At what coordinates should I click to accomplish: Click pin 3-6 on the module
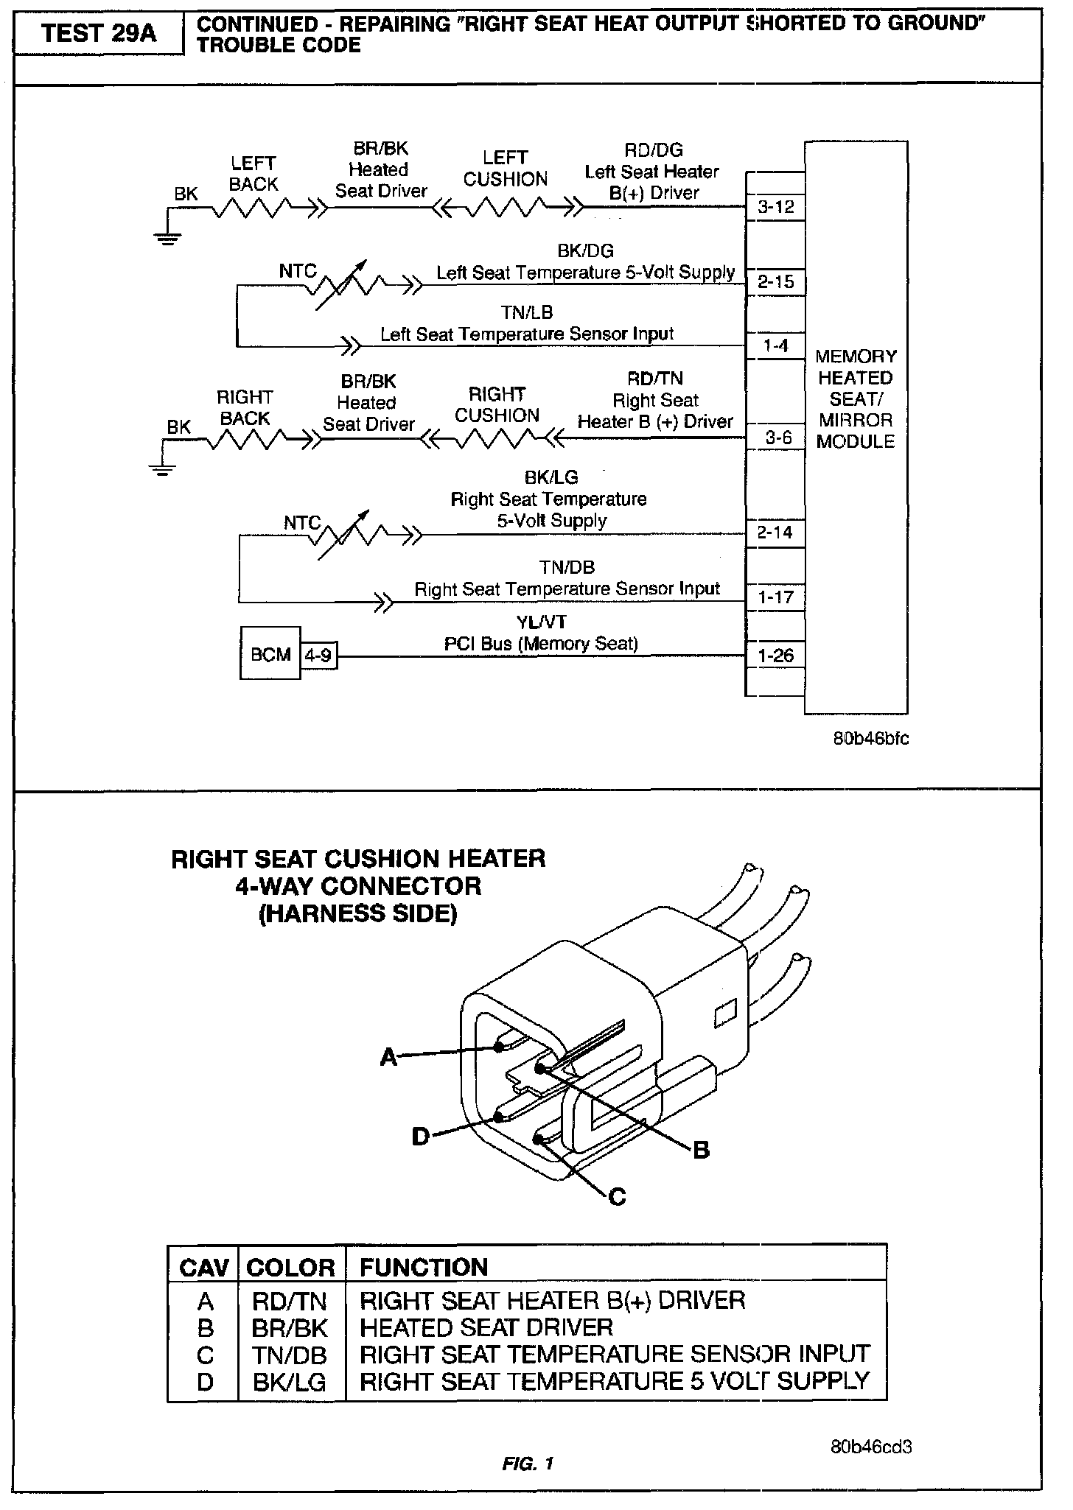(777, 438)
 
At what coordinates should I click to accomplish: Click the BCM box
(270, 654)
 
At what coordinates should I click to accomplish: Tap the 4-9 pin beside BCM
(318, 655)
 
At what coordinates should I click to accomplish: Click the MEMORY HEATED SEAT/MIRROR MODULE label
(856, 398)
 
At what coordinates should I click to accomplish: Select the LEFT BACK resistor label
(253, 174)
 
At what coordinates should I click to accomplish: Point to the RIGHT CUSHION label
(497, 405)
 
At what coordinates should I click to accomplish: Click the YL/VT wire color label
(542, 622)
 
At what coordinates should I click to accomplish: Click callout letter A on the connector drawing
(388, 1058)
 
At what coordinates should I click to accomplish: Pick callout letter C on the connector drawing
(618, 1197)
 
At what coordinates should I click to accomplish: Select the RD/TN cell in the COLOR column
(290, 1301)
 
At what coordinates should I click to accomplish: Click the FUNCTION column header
(424, 1267)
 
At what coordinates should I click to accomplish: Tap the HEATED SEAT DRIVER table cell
(486, 1328)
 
